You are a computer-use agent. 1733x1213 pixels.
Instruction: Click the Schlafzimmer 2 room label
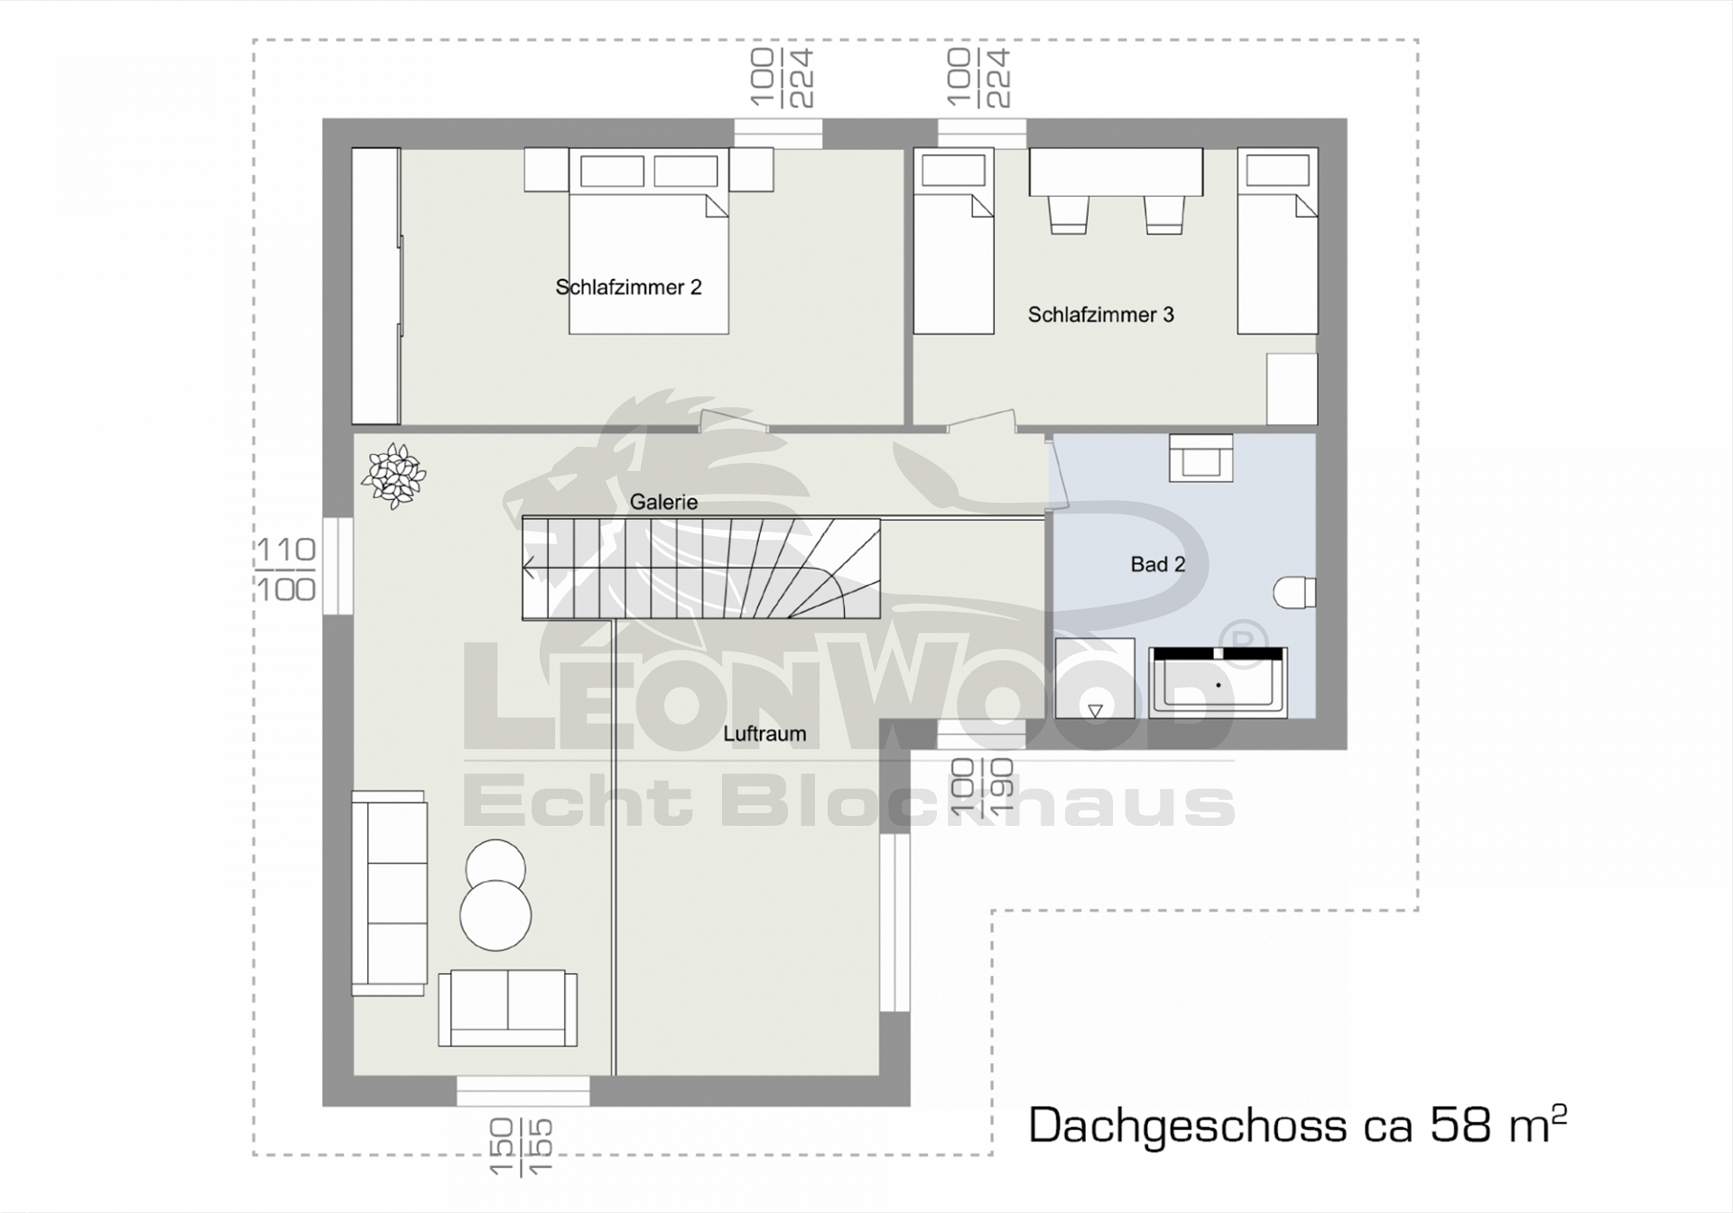(628, 287)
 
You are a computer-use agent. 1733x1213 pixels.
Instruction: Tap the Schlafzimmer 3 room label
(1100, 314)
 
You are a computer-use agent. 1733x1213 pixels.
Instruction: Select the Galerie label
(663, 502)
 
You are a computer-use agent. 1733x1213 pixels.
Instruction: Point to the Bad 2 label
(1157, 564)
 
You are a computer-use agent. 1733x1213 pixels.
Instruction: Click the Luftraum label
(765, 734)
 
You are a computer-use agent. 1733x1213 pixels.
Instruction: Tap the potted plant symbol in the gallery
(394, 476)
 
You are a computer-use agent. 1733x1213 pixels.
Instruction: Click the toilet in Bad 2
(1294, 593)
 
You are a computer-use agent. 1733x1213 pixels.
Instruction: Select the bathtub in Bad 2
(1218, 682)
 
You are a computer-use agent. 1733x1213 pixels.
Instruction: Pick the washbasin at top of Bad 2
(1200, 458)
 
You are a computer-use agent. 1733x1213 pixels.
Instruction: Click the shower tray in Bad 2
(1095, 678)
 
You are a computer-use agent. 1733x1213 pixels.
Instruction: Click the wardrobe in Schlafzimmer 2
(376, 286)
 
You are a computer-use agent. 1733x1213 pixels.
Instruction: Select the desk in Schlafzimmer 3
(1116, 171)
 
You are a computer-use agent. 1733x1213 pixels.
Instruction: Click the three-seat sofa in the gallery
(389, 893)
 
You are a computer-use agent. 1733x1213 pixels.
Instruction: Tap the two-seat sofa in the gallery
(507, 1008)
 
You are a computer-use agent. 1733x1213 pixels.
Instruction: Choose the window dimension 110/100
(286, 569)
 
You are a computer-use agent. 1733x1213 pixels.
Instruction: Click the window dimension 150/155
(520, 1147)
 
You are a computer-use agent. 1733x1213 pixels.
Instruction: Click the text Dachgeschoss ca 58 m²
(1297, 1125)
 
